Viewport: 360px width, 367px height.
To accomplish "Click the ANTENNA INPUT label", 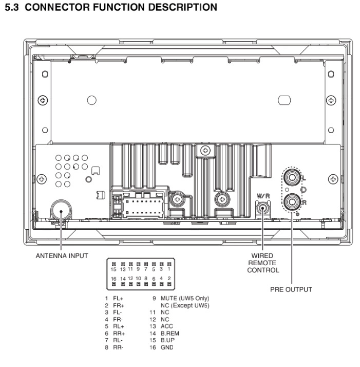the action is [62, 255].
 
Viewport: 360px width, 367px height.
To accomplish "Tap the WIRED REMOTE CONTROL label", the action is [263, 263].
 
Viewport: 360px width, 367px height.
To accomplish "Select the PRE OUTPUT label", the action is [291, 289].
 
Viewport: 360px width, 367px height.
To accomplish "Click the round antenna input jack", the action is [61, 210].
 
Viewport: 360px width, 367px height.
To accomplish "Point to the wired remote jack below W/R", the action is [263, 208].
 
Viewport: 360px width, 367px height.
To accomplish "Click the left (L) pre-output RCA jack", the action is [292, 177].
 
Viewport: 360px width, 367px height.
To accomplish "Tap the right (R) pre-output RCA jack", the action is [292, 201].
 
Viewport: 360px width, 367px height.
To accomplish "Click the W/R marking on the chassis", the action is [263, 196].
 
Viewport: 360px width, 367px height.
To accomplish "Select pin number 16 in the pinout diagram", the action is [113, 279].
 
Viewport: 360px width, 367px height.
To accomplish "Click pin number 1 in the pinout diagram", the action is [169, 269].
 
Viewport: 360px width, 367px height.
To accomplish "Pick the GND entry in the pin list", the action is [167, 347].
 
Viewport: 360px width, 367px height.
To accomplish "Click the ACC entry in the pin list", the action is [167, 326].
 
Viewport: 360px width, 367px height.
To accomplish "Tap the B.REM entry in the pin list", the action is [170, 333].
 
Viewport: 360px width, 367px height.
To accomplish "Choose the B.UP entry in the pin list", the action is [167, 340].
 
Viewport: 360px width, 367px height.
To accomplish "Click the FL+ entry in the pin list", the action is [118, 299].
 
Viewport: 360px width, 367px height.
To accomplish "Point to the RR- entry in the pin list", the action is [118, 347].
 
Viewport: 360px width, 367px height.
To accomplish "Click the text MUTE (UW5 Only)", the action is [185, 299].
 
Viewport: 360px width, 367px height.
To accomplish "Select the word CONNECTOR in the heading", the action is [57, 7].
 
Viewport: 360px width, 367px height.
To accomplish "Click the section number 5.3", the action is [12, 7].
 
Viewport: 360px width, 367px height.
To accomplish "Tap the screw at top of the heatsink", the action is [205, 151].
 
